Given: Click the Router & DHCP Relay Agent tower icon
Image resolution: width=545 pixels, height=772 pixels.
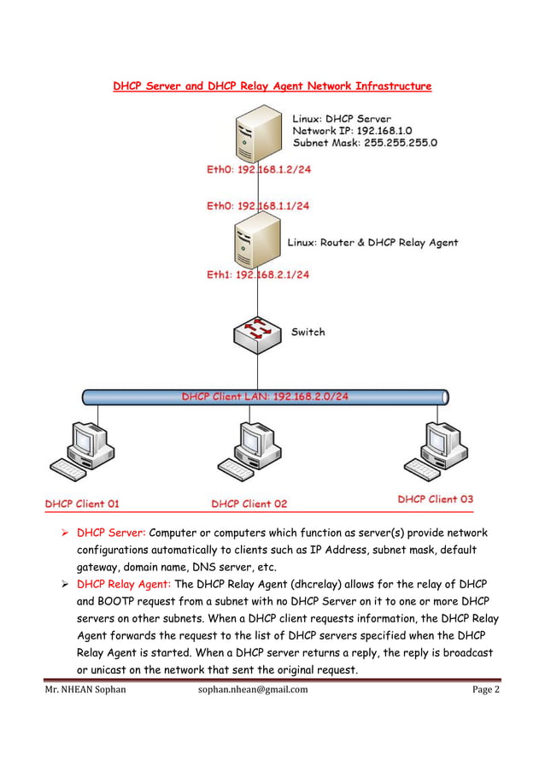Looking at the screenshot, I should click(257, 241).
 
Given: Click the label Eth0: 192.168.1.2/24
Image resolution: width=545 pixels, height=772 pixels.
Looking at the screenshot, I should click(259, 170).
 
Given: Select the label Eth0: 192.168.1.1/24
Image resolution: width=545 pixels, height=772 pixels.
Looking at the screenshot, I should click(258, 206).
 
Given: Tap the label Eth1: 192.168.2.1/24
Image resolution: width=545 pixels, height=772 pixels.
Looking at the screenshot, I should click(258, 274).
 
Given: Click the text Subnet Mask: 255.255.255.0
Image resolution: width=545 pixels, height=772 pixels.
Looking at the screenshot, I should click(365, 144).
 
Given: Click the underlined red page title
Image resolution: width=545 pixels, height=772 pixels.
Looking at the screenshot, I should click(272, 86).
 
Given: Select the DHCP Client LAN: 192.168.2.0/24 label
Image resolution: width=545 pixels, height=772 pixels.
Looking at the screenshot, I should click(266, 397).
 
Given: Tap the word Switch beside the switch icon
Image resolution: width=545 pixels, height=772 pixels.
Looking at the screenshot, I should click(308, 332).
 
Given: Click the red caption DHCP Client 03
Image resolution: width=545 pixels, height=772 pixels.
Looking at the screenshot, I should click(435, 498).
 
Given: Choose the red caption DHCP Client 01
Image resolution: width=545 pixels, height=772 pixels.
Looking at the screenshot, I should click(82, 504).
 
